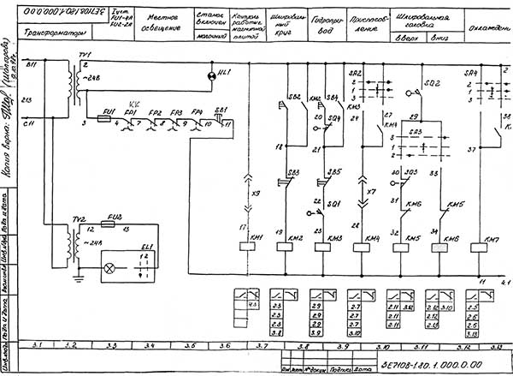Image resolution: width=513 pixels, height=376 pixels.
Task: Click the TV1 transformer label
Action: pos(83,54)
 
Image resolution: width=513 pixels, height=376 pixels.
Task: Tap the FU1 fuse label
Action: pos(109,112)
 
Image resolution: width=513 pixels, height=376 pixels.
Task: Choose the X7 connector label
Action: pos(372,192)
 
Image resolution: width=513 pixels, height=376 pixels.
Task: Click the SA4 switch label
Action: pos(469,74)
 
